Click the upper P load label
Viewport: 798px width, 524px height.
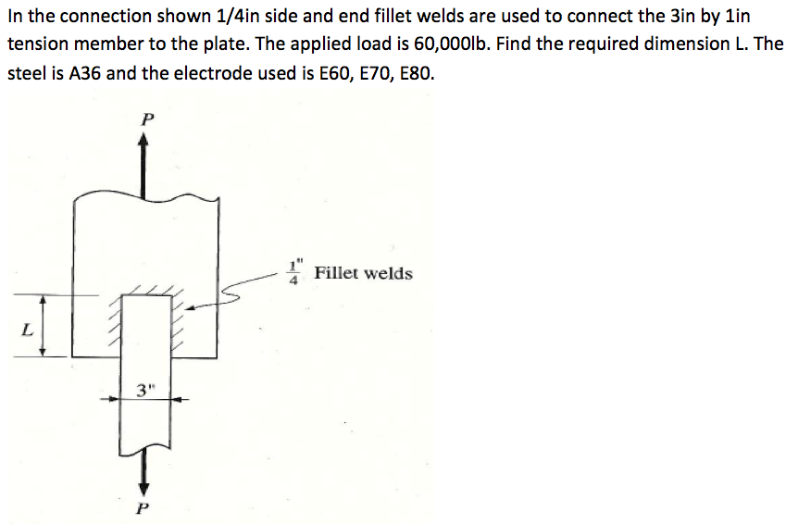pos(143,119)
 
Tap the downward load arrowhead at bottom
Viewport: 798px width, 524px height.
pos(143,484)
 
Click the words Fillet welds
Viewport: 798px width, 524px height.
pos(364,274)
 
